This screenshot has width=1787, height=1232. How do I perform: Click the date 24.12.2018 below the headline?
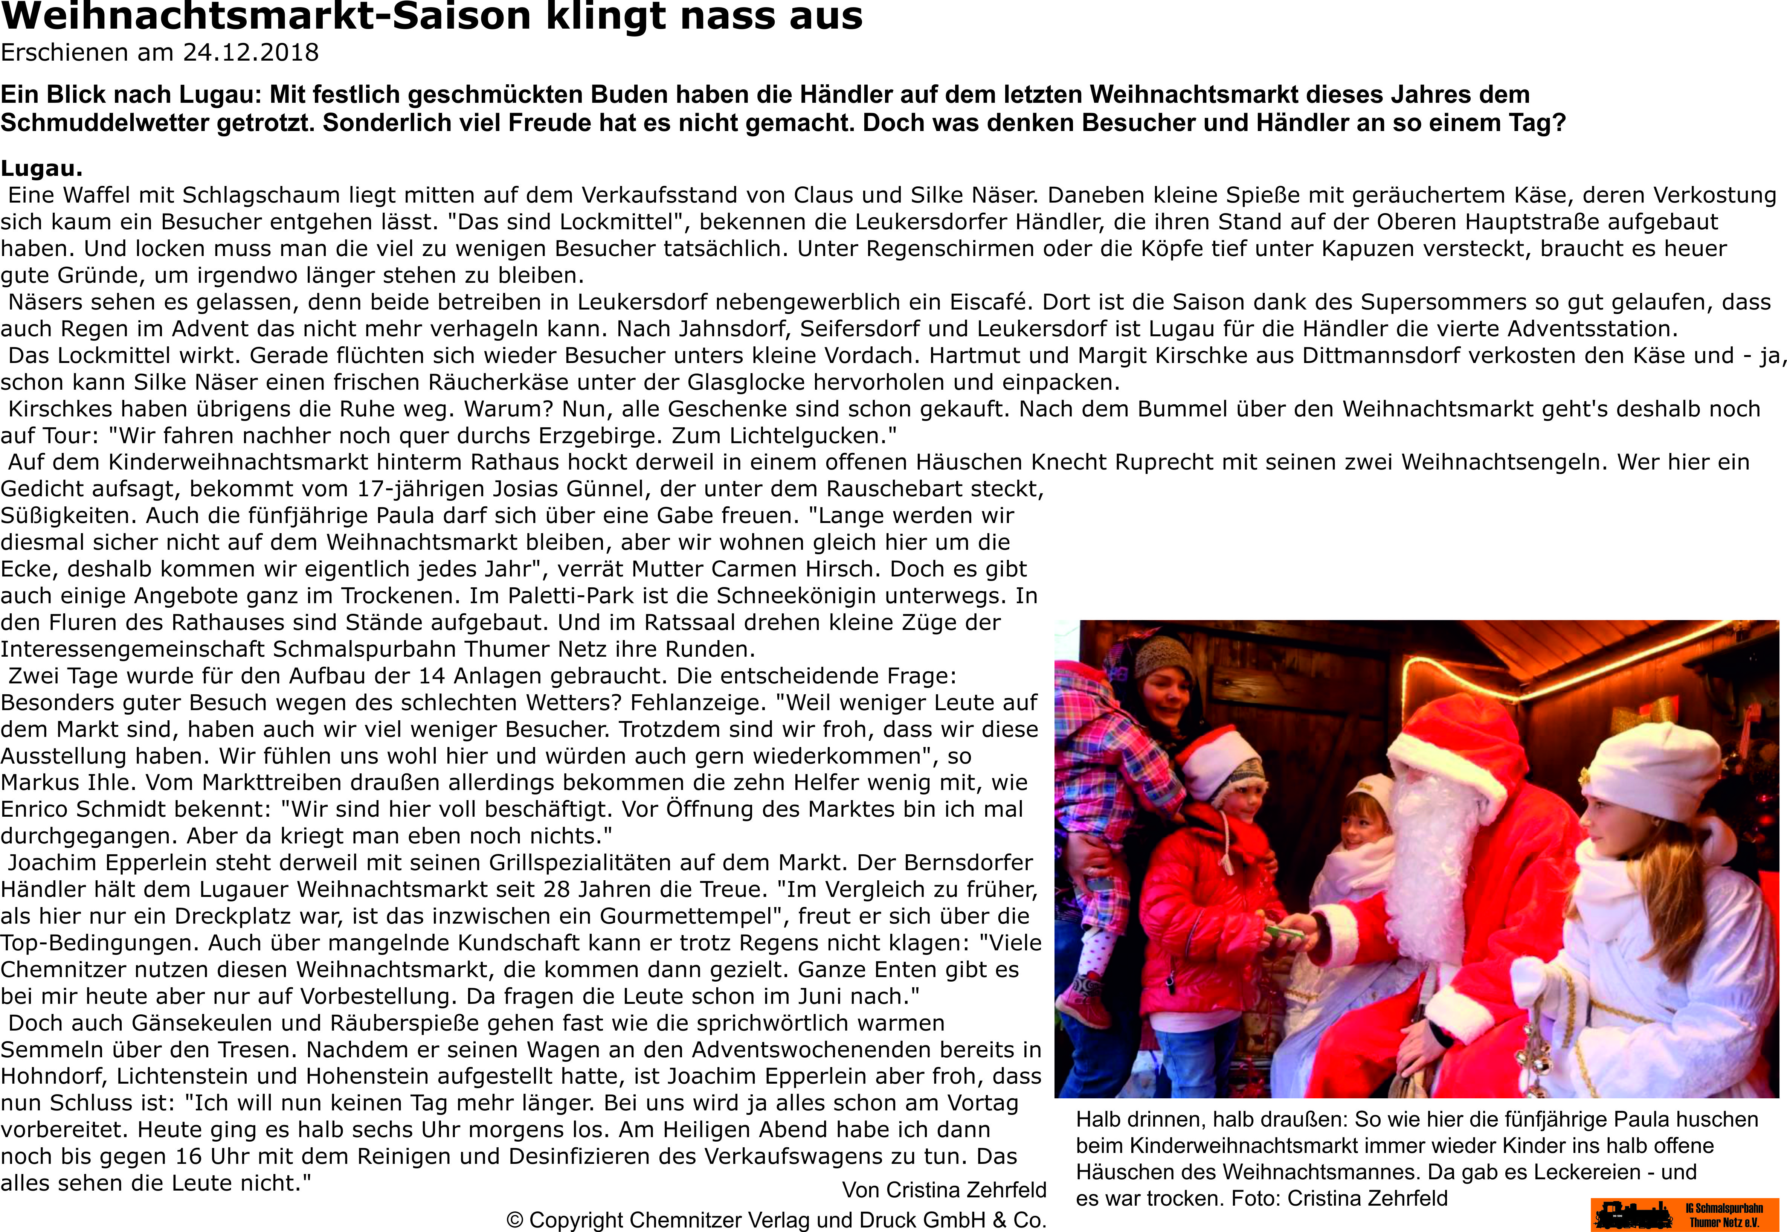[251, 52]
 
